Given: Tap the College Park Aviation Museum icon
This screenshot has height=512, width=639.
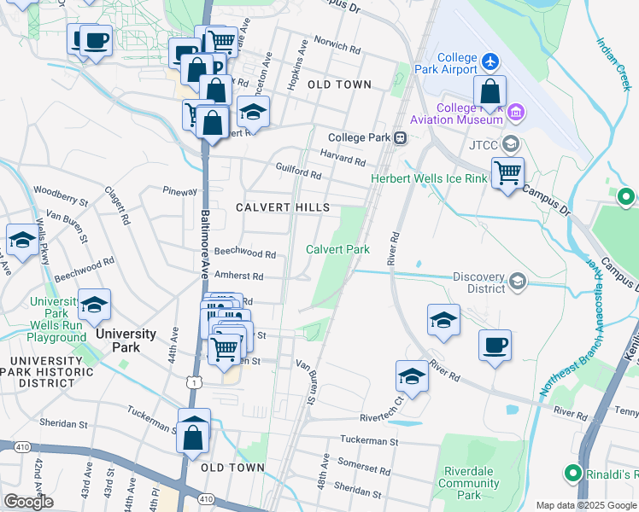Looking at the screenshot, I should (516, 113).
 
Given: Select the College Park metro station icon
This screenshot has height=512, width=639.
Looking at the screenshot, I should (399, 137).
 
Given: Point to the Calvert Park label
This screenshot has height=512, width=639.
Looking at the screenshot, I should (338, 249).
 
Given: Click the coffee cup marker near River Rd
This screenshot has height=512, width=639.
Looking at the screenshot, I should (495, 346).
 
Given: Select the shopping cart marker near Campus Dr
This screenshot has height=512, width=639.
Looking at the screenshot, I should (507, 173).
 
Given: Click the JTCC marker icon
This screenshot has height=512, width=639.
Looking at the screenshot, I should (511, 143).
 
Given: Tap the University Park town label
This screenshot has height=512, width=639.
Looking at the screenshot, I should (126, 333).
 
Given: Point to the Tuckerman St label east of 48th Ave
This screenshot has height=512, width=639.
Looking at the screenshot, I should (369, 441).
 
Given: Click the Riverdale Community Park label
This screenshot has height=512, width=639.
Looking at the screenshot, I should (469, 483).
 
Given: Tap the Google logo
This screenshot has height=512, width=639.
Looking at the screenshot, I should (28, 502).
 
